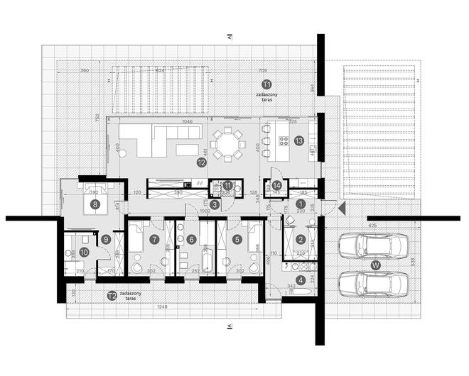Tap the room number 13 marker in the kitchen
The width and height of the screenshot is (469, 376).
(299, 140)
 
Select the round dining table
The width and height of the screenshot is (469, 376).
(229, 145)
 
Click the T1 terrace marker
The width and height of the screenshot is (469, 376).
(267, 84)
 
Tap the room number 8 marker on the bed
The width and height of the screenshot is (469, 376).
(95, 204)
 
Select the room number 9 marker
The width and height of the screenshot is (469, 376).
(105, 240)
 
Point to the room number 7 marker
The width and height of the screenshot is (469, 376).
(153, 240)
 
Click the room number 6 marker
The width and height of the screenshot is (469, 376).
(192, 240)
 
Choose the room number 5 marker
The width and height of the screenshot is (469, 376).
(238, 240)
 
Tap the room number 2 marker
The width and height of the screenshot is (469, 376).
(301, 240)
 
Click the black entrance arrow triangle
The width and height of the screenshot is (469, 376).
(342, 209)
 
